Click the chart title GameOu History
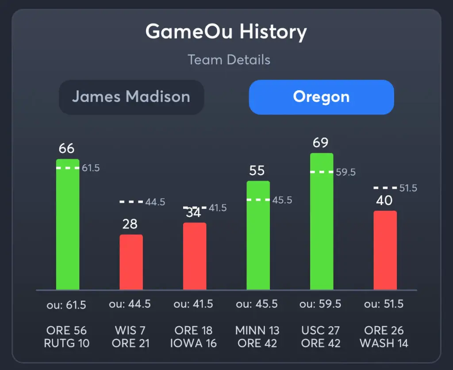(x=226, y=32)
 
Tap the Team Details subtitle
(x=229, y=60)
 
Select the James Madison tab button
(x=131, y=97)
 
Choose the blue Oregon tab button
(x=321, y=97)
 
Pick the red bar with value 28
(x=131, y=262)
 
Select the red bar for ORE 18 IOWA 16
(x=195, y=256)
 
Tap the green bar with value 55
(x=258, y=235)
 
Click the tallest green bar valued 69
(x=322, y=221)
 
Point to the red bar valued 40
(x=385, y=251)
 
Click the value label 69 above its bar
(x=320, y=143)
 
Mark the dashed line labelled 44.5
(x=131, y=202)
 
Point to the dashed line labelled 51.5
(x=385, y=188)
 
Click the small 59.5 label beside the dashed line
(x=346, y=172)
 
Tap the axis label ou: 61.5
(x=66, y=305)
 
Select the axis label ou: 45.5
(x=257, y=305)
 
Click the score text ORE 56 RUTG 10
(x=67, y=337)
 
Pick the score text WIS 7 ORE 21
(x=130, y=337)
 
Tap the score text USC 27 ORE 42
(x=321, y=337)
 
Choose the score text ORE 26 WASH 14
(x=384, y=337)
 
